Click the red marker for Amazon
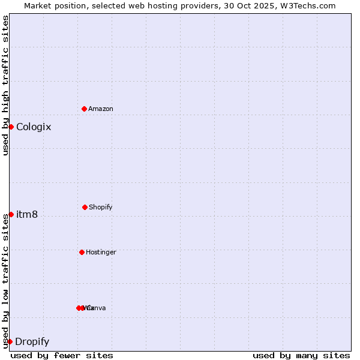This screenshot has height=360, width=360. pos(85,109)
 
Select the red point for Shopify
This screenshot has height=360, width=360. pos(85,207)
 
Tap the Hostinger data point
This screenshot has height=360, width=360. pos(82,252)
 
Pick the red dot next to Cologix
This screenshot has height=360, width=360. pos(11,127)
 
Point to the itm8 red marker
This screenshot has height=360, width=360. pos(11,214)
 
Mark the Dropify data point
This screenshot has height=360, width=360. pos(10,341)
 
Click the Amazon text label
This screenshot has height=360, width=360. pos(101,109)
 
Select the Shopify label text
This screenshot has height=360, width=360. pos(101,207)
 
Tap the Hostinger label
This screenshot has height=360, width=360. pos(101,252)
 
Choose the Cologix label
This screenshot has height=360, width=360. pos(34,127)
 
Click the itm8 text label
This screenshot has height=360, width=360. pos(27,214)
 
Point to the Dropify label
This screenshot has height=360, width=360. pos(32,341)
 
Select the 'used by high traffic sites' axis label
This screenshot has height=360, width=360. pos(5,85)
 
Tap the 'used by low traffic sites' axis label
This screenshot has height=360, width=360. pos(5,281)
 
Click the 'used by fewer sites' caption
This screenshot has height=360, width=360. pos(62,355)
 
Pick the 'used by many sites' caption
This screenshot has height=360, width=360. pos(301,355)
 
